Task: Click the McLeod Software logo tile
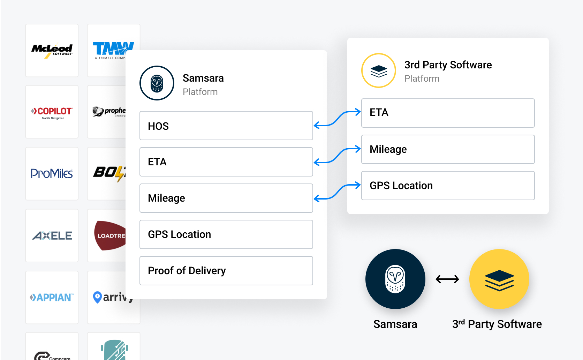tap(52, 50)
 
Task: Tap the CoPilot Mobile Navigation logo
tap(52, 112)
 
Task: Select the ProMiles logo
tap(52, 173)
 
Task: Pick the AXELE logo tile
tap(52, 235)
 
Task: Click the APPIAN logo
tap(52, 297)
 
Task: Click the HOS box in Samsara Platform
tap(226, 126)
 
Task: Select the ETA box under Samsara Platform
tap(226, 162)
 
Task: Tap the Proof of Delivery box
tap(226, 271)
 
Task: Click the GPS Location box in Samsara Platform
tap(226, 234)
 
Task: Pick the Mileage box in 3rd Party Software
tap(448, 149)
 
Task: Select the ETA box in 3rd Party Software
tap(448, 113)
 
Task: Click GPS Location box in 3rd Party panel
tap(448, 186)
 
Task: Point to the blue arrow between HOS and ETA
tap(337, 119)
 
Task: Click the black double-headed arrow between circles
tap(447, 279)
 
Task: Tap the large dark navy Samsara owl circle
tap(395, 279)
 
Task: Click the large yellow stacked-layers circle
tap(499, 279)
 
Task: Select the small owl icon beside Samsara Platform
tap(157, 83)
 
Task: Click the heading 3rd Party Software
tap(448, 65)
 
